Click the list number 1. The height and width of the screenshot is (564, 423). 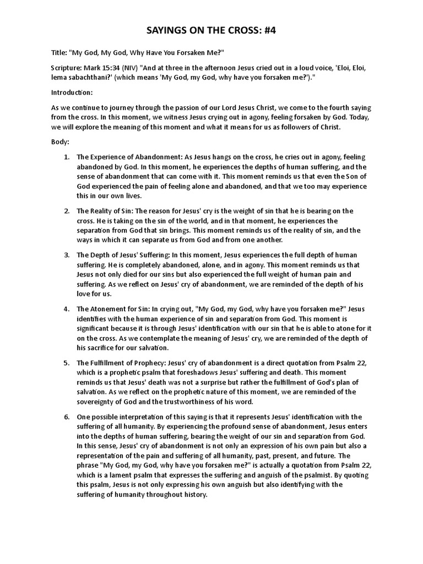click(x=66, y=157)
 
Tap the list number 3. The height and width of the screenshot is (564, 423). click(x=66, y=254)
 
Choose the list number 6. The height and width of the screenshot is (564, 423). click(x=66, y=416)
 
